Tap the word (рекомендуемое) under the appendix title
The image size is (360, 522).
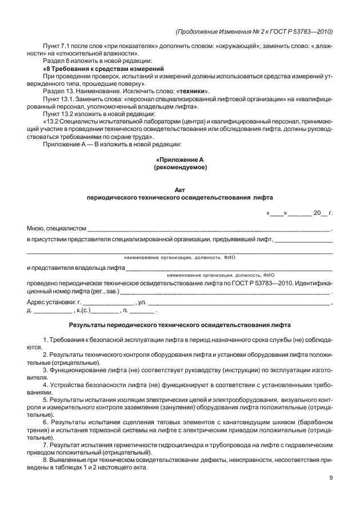click(180, 168)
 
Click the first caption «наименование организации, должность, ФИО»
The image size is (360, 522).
click(179, 258)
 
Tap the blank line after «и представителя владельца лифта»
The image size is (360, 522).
click(229, 268)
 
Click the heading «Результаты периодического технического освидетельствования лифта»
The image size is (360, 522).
click(179, 325)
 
